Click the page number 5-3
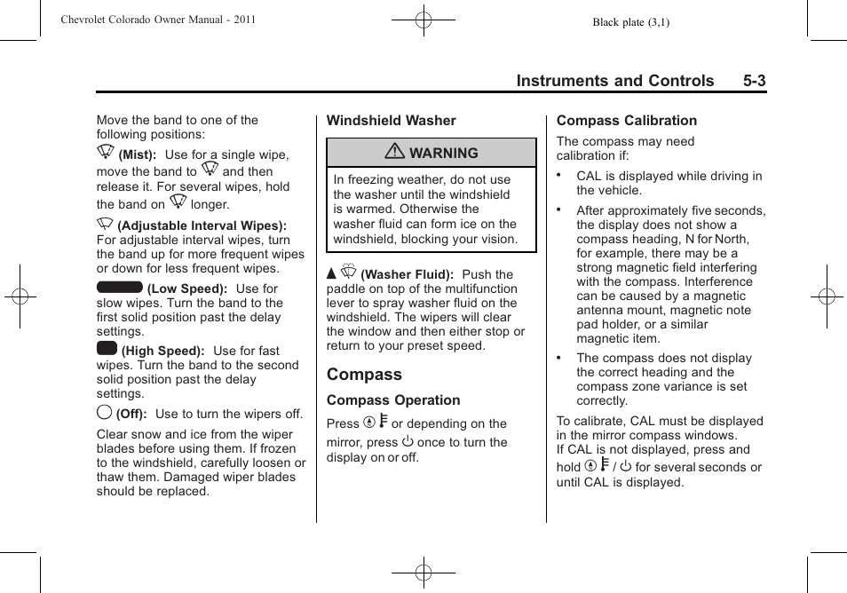tap(755, 81)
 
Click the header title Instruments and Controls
tap(614, 81)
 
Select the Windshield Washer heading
tap(391, 121)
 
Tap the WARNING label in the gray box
tap(443, 153)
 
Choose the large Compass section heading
tap(364, 375)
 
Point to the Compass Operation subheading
tap(393, 400)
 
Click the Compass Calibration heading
tap(627, 121)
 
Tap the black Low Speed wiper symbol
tap(120, 287)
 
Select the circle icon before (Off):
tap(104, 412)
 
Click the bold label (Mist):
tap(138, 155)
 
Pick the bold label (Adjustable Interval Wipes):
tap(202, 226)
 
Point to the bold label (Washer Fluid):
tap(407, 275)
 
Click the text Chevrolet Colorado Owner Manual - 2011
tap(158, 20)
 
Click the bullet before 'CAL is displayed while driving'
tap(559, 174)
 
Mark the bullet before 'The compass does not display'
tap(559, 356)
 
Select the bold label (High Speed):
tap(163, 352)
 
